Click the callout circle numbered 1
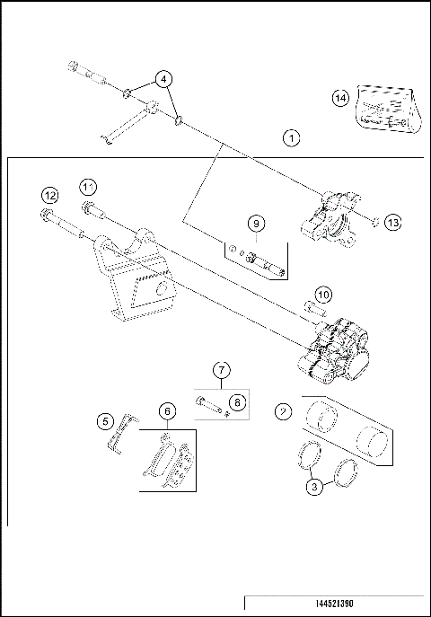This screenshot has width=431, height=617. click(290, 138)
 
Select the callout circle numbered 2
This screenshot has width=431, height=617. click(284, 412)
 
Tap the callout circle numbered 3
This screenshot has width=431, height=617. click(313, 488)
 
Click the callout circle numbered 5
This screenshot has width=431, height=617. click(105, 420)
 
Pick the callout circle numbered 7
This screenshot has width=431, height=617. click(222, 369)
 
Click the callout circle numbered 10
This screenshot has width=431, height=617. click(322, 294)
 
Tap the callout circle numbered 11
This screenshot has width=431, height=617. click(87, 186)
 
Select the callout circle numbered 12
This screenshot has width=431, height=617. click(50, 196)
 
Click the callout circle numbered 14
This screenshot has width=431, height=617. click(340, 98)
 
